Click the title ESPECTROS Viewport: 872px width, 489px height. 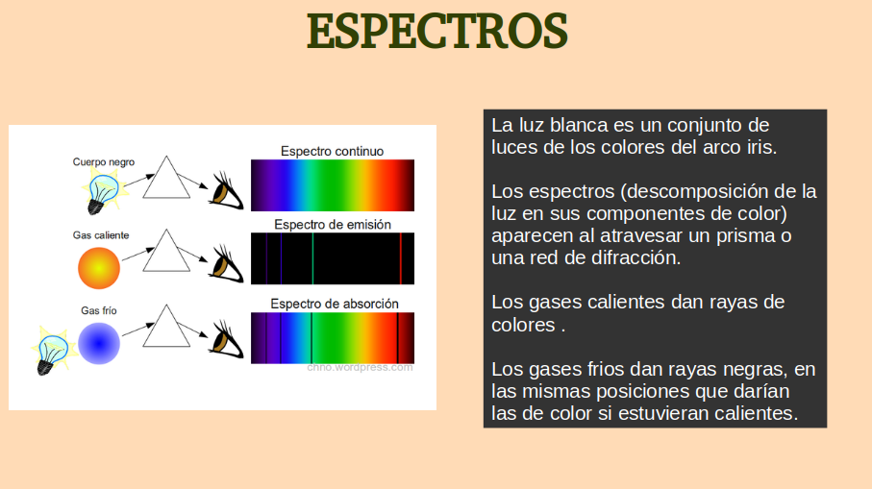click(437, 31)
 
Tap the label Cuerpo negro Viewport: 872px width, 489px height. click(104, 161)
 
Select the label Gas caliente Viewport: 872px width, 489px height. click(101, 235)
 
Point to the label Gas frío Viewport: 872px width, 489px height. click(99, 310)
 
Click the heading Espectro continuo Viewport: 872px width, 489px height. click(332, 151)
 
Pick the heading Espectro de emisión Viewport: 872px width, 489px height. click(333, 225)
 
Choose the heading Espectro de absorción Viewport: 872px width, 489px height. click(335, 304)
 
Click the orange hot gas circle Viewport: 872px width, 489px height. click(99, 268)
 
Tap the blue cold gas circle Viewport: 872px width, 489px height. click(99, 344)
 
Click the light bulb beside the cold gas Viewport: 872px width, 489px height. click(52, 353)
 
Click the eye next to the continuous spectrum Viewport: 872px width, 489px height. click(226, 190)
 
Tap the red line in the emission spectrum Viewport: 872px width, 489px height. click(400, 258)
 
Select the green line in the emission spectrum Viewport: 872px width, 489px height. click(312, 258)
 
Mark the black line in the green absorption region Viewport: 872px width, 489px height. click(311, 338)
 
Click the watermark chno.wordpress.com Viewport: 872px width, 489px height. click(360, 367)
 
